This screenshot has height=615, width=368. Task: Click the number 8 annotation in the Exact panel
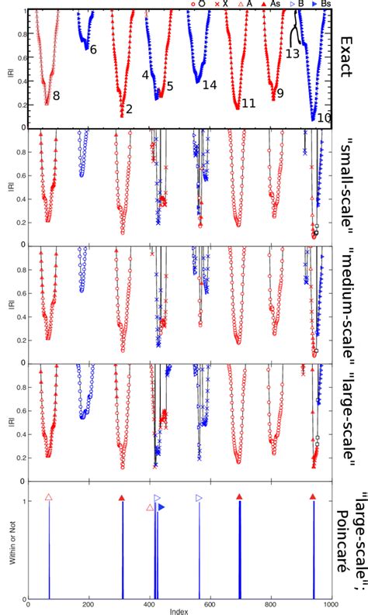coord(57,95)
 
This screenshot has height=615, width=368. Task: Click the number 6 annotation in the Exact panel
coord(93,50)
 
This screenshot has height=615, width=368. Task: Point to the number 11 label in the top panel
coord(248,103)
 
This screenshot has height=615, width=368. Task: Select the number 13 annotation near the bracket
coord(293,54)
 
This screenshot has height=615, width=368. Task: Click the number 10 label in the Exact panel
coord(325,117)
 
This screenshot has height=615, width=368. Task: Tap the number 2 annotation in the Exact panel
coord(129,109)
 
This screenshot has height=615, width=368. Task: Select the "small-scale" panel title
coord(348,185)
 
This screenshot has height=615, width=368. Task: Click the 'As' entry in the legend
coord(292,5)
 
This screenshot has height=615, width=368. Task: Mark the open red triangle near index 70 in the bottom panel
coord(49,497)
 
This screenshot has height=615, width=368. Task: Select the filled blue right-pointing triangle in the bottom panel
coord(161,507)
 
